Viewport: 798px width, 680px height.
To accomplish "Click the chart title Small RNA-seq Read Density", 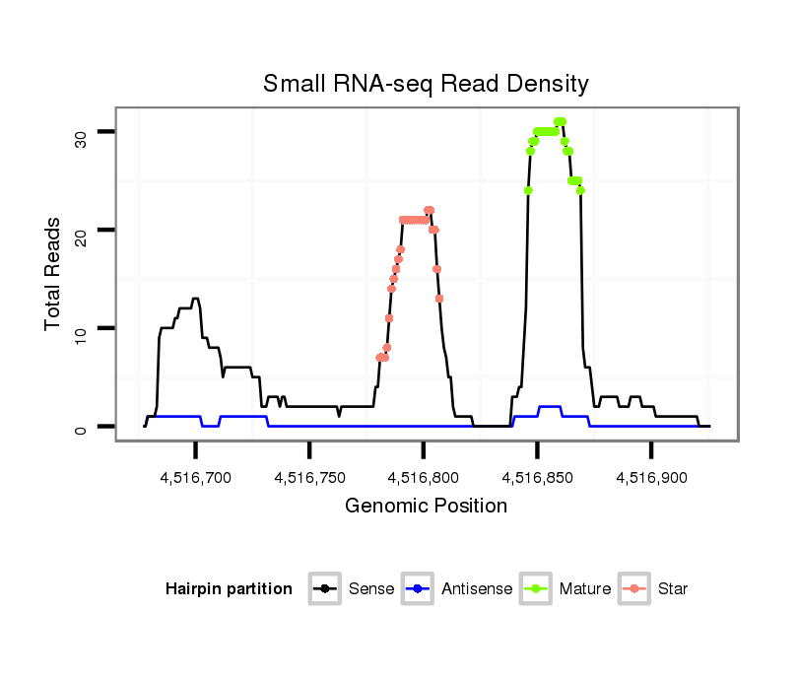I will [x=426, y=84].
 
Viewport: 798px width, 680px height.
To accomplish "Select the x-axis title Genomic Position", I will [x=426, y=507].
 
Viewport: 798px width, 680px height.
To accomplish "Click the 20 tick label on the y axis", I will [x=80, y=230].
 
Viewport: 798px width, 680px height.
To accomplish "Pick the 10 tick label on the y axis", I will [x=80, y=328].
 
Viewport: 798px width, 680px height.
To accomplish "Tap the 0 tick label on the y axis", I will [x=80, y=427].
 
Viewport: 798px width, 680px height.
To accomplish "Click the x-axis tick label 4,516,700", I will [x=195, y=478].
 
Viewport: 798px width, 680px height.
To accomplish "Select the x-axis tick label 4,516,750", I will [x=309, y=478].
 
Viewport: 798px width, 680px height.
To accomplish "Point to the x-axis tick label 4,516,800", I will [x=424, y=478].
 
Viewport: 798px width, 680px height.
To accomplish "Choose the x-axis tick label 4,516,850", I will [x=537, y=478].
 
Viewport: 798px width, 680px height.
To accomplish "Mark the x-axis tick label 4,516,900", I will [x=651, y=478].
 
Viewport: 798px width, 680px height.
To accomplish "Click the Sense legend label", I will [x=371, y=589].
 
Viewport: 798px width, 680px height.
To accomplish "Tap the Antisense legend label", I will [x=477, y=589].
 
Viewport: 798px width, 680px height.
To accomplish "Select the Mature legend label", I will [x=585, y=589].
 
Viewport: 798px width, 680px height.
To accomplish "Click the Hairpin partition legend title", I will [x=229, y=589].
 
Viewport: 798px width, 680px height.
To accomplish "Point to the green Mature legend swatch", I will [x=537, y=589].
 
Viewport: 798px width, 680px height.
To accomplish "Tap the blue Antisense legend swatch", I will [x=419, y=589].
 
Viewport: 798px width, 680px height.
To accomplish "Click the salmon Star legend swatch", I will [x=635, y=589].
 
